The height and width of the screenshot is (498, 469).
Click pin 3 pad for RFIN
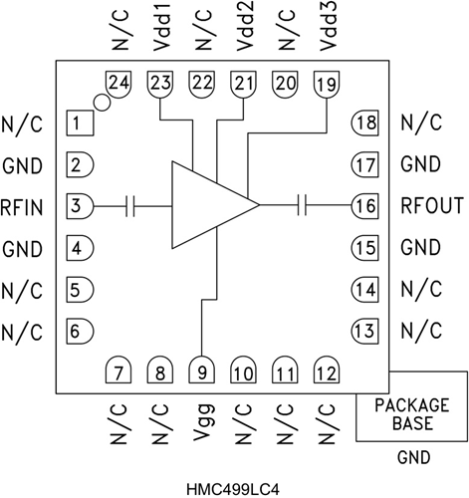click(x=80, y=205)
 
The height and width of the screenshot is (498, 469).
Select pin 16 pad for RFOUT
click(x=365, y=205)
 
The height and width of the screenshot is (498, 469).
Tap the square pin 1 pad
click(x=80, y=124)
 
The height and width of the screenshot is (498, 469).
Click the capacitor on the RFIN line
click(x=130, y=205)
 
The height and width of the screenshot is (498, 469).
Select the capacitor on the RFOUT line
click(x=305, y=205)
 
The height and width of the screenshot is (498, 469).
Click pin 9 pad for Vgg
click(x=202, y=371)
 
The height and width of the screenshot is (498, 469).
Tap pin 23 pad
click(x=160, y=85)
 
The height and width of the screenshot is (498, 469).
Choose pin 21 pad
click(x=243, y=85)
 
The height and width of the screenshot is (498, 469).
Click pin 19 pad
click(x=326, y=85)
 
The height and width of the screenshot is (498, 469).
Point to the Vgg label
click(x=202, y=423)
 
